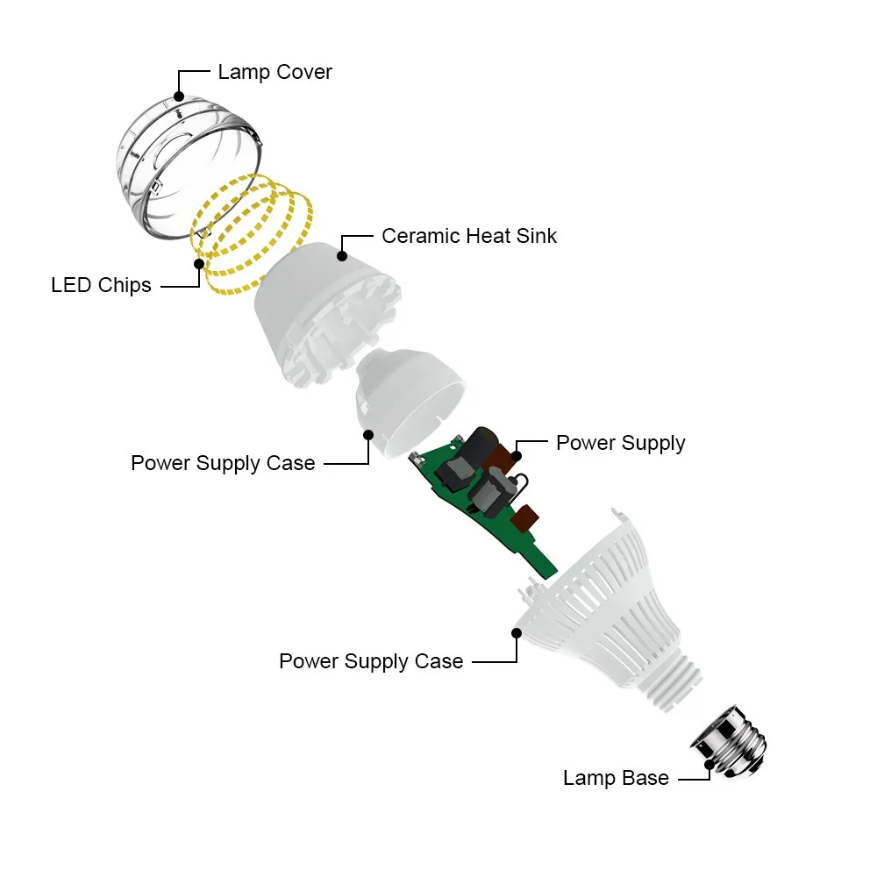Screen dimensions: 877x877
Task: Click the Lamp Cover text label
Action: tap(275, 72)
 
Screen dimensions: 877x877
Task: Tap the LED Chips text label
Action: tap(101, 285)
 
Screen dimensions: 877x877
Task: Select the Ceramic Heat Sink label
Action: tap(469, 236)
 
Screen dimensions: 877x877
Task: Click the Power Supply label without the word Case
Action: tap(620, 443)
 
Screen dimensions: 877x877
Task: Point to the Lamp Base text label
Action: tap(616, 778)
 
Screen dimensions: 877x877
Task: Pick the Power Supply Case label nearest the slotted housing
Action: tap(371, 661)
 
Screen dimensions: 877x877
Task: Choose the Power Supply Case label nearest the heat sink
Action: tap(223, 463)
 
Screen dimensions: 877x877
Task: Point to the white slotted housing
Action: tap(605, 596)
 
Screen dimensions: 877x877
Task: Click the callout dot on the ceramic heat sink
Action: tap(342, 257)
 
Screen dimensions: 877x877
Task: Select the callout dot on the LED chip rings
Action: tap(200, 263)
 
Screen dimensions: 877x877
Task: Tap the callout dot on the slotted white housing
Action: tap(515, 630)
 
